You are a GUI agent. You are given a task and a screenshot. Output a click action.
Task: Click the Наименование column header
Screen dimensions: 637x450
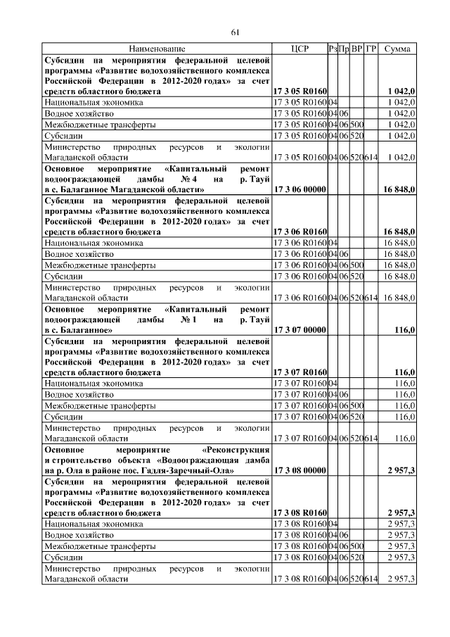157,49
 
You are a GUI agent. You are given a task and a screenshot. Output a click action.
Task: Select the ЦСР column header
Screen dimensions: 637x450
300,49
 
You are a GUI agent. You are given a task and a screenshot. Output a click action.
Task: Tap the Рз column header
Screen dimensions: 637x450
333,49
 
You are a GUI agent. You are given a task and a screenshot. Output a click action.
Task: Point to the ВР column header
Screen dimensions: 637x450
356,49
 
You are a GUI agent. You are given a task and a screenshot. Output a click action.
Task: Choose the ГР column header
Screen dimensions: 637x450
371,49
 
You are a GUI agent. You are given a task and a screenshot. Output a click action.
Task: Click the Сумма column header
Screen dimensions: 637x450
398,49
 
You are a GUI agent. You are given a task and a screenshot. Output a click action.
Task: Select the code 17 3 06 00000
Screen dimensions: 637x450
299,189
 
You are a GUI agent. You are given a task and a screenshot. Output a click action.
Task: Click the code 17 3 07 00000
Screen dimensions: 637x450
299,329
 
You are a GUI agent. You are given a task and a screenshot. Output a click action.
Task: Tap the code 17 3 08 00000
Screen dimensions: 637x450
299,469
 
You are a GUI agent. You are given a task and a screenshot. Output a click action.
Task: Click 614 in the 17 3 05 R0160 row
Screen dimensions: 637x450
371,158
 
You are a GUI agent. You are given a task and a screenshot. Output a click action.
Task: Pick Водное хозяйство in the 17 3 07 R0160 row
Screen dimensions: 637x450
79,394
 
